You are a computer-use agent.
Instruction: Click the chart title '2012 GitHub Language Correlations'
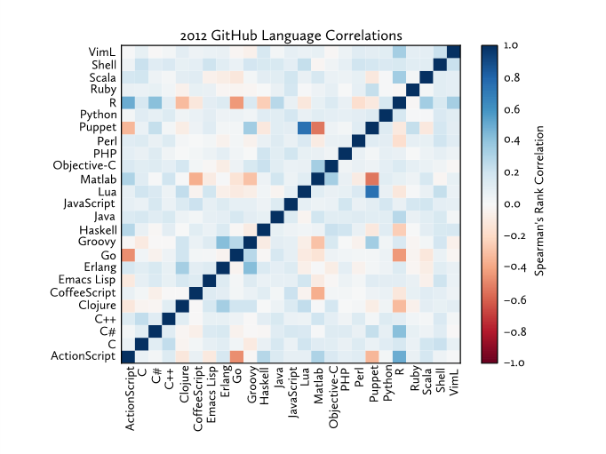point(291,36)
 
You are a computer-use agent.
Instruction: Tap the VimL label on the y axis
point(101,52)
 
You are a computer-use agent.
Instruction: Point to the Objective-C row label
point(84,166)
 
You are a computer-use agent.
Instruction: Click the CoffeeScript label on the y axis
point(85,293)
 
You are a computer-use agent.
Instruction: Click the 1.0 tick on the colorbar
point(511,44)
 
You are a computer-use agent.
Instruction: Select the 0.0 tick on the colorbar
point(511,203)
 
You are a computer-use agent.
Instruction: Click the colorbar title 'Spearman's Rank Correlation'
point(539,203)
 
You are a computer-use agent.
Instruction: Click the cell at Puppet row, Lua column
point(305,128)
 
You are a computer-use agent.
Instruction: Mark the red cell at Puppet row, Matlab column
point(318,128)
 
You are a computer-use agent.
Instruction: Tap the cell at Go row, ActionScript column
point(128,255)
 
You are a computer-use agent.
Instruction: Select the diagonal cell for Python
point(386,115)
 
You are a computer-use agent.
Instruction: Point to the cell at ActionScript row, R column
point(399,357)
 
